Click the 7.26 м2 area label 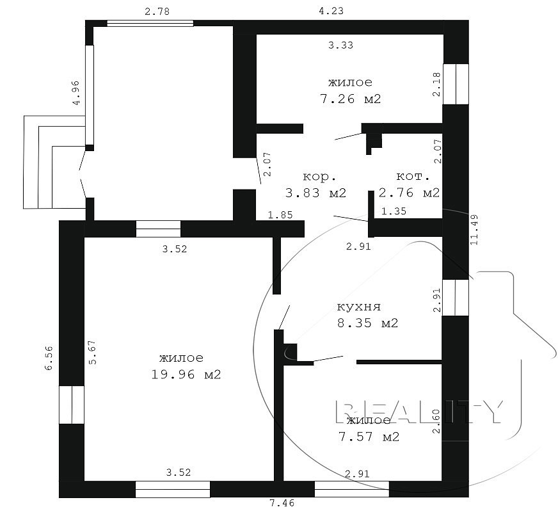point(351,99)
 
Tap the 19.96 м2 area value point(186,375)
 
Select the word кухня point(359,307)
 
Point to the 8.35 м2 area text point(367,323)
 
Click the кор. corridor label point(319,177)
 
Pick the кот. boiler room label point(413,176)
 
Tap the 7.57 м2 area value point(369,437)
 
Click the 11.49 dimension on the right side point(474,230)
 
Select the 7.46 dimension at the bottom point(282,503)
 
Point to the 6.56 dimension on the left point(49,358)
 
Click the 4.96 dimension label point(76,93)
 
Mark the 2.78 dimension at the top point(157,12)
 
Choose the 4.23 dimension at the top point(331,11)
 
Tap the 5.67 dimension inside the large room point(92,352)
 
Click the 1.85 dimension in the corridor point(280,214)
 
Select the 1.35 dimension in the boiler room point(394,211)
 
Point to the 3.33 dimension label point(340,45)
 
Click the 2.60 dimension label point(436,421)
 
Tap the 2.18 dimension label point(436,84)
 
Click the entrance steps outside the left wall point(54,162)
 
